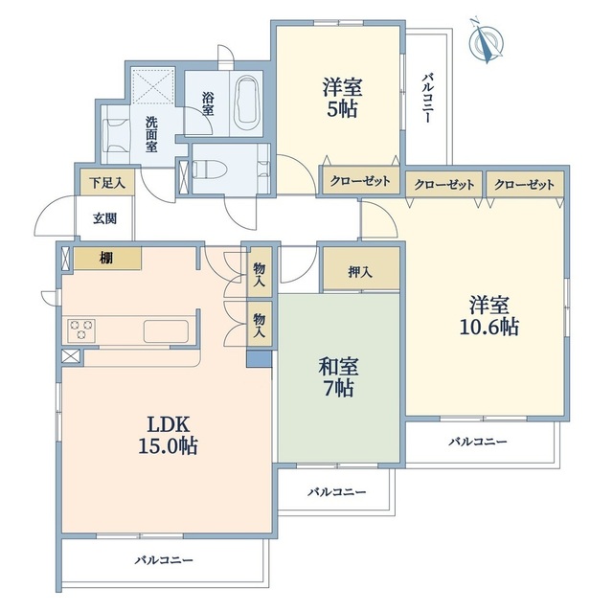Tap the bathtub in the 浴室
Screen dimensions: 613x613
click(x=246, y=100)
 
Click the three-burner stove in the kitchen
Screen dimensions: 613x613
click(x=81, y=329)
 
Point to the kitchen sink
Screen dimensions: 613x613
click(x=166, y=331)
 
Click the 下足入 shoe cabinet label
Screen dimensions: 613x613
click(x=107, y=183)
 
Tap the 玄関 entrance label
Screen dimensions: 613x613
click(x=104, y=218)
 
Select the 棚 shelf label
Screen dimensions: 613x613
click(x=106, y=258)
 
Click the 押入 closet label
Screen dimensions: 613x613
click(x=360, y=272)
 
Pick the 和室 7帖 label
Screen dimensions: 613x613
click(x=338, y=377)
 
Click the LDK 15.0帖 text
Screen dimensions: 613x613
click(x=168, y=435)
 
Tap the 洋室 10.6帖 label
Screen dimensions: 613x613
click(x=489, y=316)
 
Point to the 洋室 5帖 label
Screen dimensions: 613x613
click(x=342, y=98)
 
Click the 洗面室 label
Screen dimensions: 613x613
click(x=151, y=134)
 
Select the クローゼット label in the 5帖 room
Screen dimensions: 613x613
click(x=360, y=181)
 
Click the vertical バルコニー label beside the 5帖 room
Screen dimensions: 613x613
click(x=427, y=98)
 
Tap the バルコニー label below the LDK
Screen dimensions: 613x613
click(x=164, y=560)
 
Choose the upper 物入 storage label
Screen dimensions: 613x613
click(x=260, y=275)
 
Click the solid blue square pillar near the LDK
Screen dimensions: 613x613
click(x=259, y=358)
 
